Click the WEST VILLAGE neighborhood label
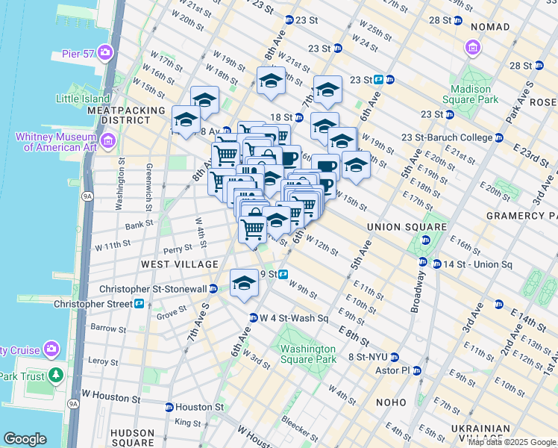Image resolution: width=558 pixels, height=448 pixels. tap(181, 264)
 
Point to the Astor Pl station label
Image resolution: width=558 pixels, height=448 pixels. tap(396, 370)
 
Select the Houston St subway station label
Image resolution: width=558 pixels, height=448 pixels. tap(198, 408)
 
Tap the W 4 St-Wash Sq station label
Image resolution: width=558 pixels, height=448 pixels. tap(293, 318)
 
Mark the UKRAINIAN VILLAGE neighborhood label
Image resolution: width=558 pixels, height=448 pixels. tap(486, 434)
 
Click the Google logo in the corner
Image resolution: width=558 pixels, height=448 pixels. tap(25, 439)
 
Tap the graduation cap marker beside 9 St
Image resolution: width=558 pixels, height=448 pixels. tap(243, 283)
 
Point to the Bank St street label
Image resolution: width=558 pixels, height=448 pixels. tap(139, 224)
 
